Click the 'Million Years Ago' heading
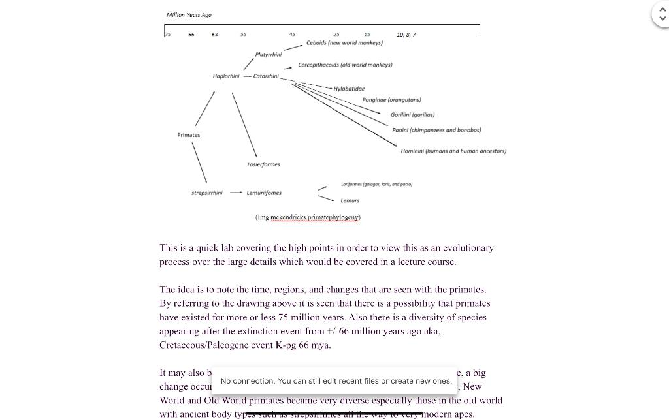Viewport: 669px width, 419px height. [x=189, y=15]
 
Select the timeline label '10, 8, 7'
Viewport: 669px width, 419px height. [x=406, y=34]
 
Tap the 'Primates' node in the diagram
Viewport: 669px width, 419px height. [x=189, y=135]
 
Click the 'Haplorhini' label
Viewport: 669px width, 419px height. [x=226, y=76]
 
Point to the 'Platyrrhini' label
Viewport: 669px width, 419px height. [x=269, y=55]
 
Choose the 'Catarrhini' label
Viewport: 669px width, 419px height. [x=266, y=76]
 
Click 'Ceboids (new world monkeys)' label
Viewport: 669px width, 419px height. [x=344, y=43]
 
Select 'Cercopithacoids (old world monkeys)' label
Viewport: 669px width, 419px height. [x=345, y=65]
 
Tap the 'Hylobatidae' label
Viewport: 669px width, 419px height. [x=350, y=89]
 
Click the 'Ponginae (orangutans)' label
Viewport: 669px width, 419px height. [x=391, y=100]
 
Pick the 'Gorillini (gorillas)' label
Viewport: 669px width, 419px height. [x=412, y=115]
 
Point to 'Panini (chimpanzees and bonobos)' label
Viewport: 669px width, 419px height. [x=436, y=130]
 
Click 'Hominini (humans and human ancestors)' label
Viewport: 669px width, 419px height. [x=453, y=151]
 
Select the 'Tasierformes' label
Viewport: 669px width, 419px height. [x=263, y=164]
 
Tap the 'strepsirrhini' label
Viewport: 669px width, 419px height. [x=206, y=193]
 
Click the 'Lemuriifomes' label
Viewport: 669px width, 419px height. [x=264, y=193]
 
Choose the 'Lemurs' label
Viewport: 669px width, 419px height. [x=350, y=200]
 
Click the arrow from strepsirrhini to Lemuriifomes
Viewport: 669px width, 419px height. [x=235, y=193]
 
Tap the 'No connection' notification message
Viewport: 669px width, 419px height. [x=336, y=381]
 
